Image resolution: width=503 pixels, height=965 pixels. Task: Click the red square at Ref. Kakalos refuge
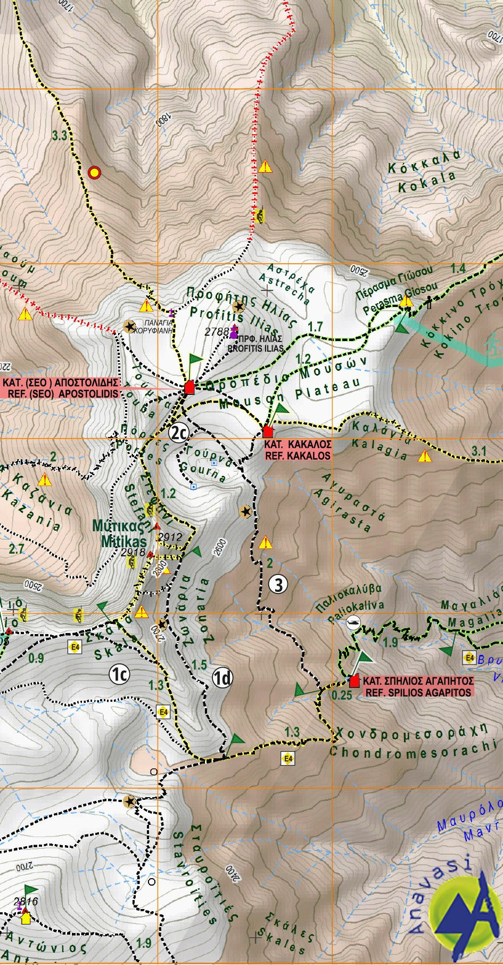coord(268,431)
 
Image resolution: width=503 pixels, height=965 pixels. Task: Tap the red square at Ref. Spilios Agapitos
coord(354,681)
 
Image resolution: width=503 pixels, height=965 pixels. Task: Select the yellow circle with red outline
coord(94,172)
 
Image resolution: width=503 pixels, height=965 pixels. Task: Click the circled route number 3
coord(278,585)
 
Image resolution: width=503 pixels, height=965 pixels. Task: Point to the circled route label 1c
coord(120,674)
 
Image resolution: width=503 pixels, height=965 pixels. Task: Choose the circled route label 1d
coord(222,678)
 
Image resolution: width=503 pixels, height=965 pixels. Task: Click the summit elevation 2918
coord(133,553)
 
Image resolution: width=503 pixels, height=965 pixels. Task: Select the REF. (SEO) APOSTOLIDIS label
coord(61,394)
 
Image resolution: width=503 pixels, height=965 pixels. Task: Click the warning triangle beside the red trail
coord(265,167)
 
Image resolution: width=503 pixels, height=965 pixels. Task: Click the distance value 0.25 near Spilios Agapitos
coord(341,695)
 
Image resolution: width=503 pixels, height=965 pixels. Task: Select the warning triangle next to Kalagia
coord(424,456)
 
